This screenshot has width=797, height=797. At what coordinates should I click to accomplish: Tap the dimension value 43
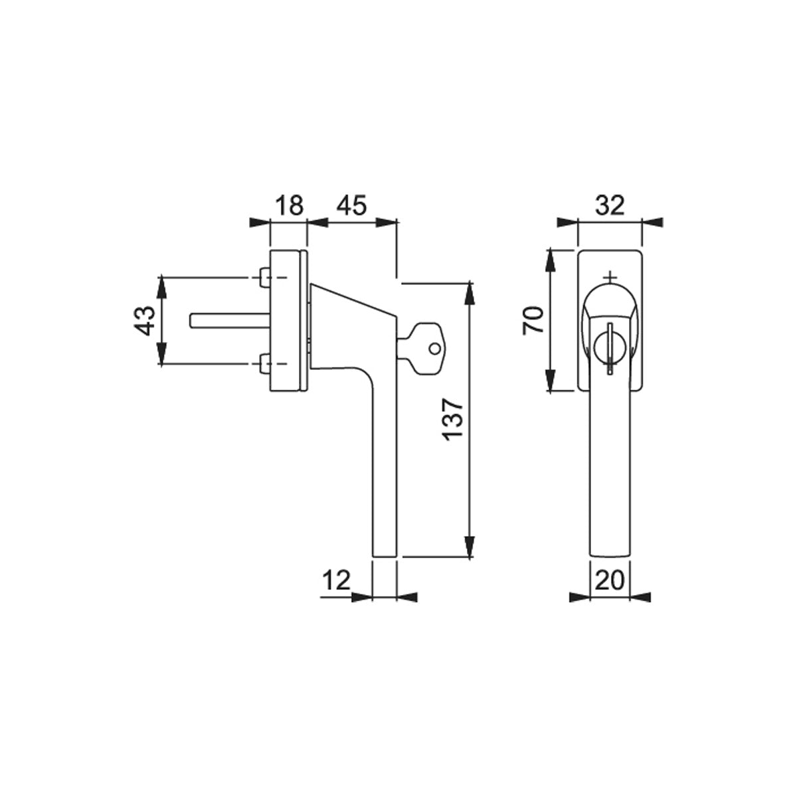(144, 321)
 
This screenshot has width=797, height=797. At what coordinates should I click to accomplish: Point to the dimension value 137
(452, 419)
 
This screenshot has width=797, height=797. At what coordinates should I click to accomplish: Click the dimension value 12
(336, 580)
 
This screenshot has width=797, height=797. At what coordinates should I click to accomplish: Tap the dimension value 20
(610, 580)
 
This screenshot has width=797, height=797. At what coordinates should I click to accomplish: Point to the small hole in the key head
(434, 349)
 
